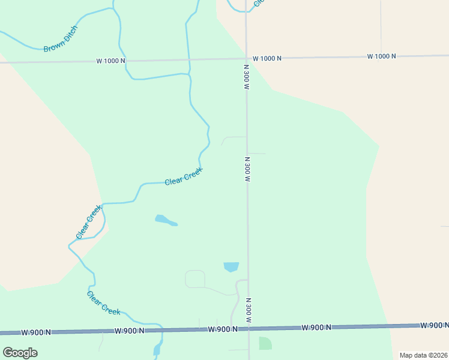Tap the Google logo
click(x=20, y=352)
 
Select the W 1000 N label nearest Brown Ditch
click(x=110, y=61)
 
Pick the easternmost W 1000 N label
click(x=382, y=56)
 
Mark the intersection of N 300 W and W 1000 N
click(x=246, y=58)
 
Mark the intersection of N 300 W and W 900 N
click(x=249, y=328)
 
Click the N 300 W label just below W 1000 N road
click(x=246, y=77)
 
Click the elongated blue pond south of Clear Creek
click(x=166, y=221)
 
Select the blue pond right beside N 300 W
click(x=231, y=266)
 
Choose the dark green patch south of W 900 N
click(x=265, y=343)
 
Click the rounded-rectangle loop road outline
click(x=195, y=279)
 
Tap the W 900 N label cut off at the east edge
click(x=435, y=325)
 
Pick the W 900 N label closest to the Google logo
click(x=36, y=332)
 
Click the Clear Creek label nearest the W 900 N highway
click(x=103, y=302)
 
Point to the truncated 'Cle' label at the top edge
click(x=258, y=3)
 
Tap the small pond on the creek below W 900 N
click(x=157, y=349)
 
